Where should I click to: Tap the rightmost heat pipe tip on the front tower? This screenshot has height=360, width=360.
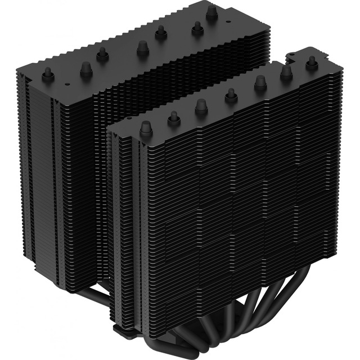click(311, 63)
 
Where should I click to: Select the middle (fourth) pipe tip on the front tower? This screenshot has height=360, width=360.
click(231, 95)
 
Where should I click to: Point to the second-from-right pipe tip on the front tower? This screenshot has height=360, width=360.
click(286, 73)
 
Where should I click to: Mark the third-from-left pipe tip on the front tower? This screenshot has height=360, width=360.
click(201, 106)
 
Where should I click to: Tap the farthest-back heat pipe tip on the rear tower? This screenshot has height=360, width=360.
click(211, 13)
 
